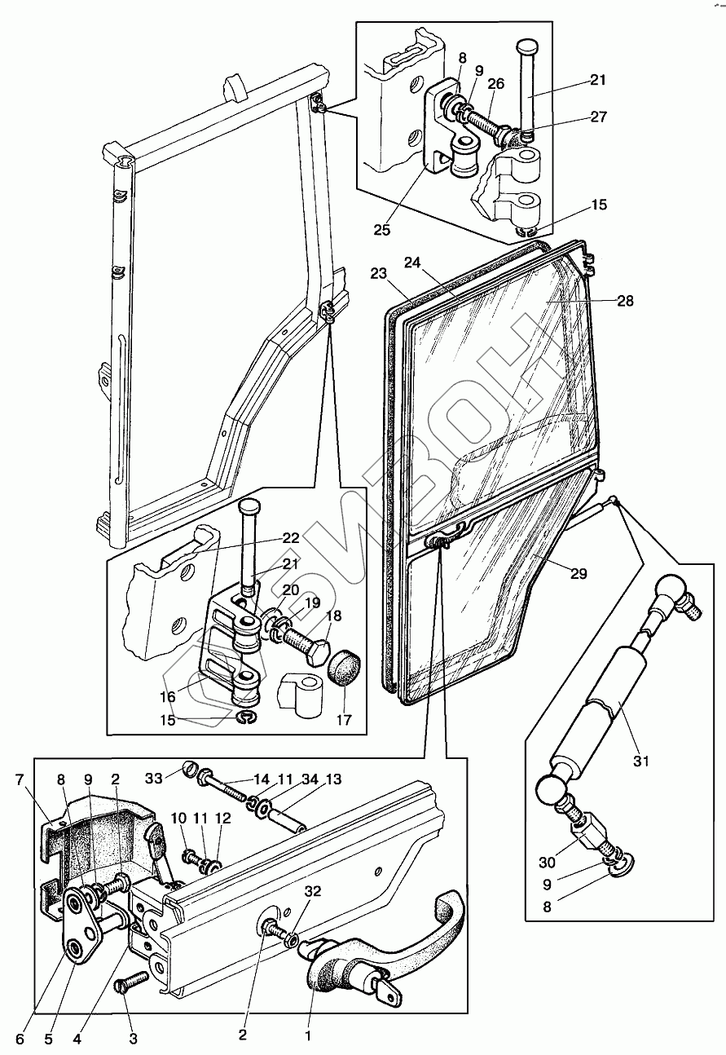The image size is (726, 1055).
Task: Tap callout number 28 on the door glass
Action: (625, 301)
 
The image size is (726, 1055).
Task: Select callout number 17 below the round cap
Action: (343, 720)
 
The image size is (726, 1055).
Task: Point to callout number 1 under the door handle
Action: (307, 1035)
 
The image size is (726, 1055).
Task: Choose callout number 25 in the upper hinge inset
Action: (381, 230)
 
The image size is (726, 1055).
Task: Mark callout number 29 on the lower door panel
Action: (578, 574)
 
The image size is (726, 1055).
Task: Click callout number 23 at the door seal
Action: (378, 275)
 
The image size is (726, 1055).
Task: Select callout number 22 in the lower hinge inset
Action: (291, 538)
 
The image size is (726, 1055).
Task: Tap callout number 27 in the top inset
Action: (599, 117)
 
